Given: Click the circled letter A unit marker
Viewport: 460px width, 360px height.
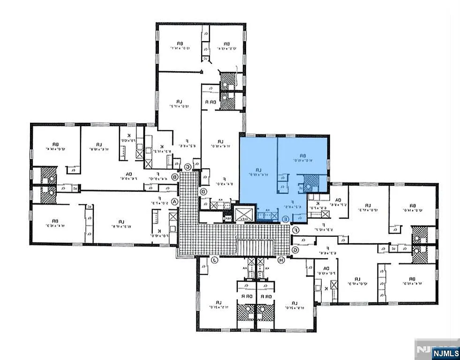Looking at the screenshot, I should (175, 202).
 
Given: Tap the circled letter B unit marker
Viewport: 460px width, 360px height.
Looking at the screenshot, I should (175, 177).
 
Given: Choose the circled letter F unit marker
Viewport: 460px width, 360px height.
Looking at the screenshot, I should (296, 230).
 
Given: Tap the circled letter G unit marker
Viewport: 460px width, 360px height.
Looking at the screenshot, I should (296, 250).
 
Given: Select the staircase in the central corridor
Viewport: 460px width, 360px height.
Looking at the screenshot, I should (255, 247).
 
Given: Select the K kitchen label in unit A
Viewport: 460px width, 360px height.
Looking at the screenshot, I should (159, 231).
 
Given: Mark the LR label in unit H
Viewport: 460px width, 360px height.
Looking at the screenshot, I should (295, 302).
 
